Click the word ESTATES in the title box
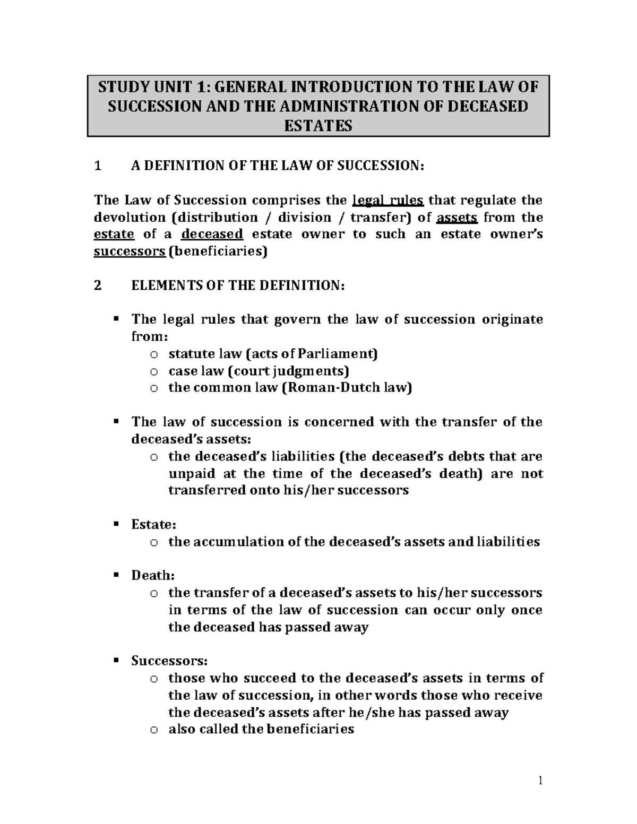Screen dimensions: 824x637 coord(318,126)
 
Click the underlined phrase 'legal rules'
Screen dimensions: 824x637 coord(388,201)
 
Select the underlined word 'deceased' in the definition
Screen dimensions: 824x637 coord(212,235)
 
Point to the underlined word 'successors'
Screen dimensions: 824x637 coord(130,251)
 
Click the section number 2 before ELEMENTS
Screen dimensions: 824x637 coord(97,286)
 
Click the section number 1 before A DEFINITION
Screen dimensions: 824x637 coord(97,167)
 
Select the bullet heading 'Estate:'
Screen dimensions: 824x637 coord(153,525)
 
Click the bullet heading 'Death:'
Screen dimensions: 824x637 coord(153,576)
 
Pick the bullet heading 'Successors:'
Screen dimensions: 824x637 coord(169,661)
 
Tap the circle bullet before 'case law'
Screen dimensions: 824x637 coord(154,371)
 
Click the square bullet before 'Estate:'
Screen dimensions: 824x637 coord(116,524)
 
